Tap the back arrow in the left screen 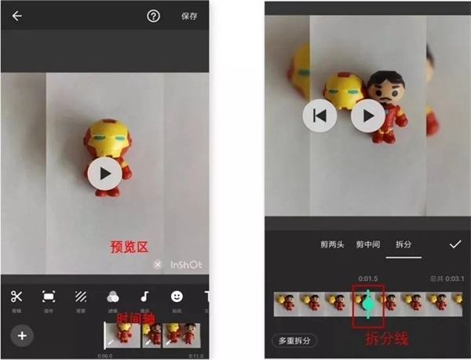point(16,16)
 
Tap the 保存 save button point(189,16)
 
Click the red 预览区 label point(128,247)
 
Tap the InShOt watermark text point(186,264)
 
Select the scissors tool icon point(16,296)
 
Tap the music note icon point(144,296)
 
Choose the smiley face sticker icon point(177,296)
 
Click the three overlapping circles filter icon point(113,296)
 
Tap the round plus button point(22,336)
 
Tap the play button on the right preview point(367,116)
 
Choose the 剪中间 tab point(367,244)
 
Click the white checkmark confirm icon point(455,244)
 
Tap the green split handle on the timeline point(367,303)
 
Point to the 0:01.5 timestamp point(368,278)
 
